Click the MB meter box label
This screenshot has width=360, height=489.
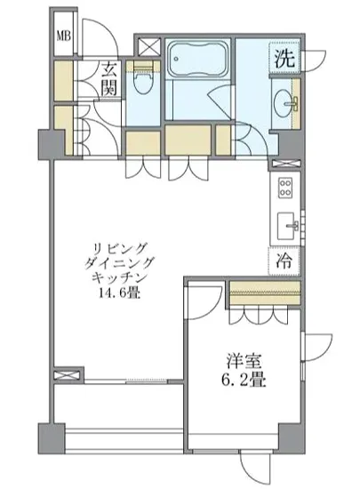click(64, 36)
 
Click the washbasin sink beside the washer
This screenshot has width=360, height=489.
click(287, 99)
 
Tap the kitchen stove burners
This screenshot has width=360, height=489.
click(286, 188)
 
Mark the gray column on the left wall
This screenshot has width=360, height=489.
click(46, 140)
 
